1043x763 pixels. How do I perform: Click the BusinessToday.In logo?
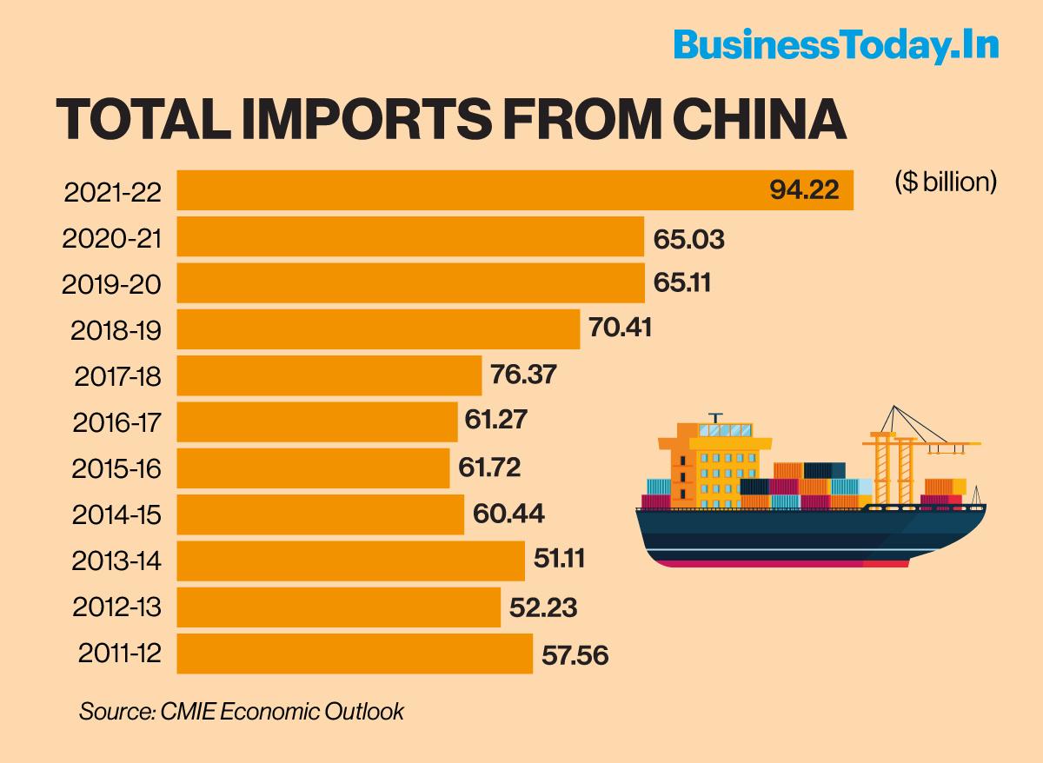pyautogui.click(x=835, y=45)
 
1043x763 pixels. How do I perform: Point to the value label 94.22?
pyautogui.click(x=805, y=190)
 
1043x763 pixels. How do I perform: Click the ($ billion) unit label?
pyautogui.click(x=946, y=182)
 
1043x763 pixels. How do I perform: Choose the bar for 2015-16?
pyautogui.click(x=313, y=468)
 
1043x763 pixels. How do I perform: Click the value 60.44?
pyautogui.click(x=508, y=514)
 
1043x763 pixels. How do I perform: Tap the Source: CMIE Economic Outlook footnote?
pyautogui.click(x=242, y=711)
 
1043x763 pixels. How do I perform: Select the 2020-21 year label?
pyautogui.click(x=112, y=238)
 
